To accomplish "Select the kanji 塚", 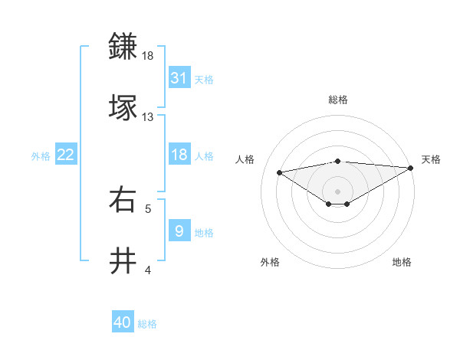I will [123, 107].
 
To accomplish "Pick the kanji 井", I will [123, 261].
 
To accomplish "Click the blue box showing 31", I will [179, 78].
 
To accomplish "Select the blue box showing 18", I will [179, 155].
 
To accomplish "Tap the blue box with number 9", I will [179, 231].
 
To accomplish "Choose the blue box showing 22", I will [66, 155].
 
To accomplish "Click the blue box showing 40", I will [123, 323].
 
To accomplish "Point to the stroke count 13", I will [147, 117].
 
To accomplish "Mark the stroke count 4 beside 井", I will [148, 270].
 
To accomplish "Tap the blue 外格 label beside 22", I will [41, 155].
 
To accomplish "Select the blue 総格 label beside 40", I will [147, 324].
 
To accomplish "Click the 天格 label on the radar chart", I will [431, 159].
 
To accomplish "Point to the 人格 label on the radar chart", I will [245, 159].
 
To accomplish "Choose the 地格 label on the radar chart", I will [402, 262].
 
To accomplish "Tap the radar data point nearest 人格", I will [280, 172].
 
